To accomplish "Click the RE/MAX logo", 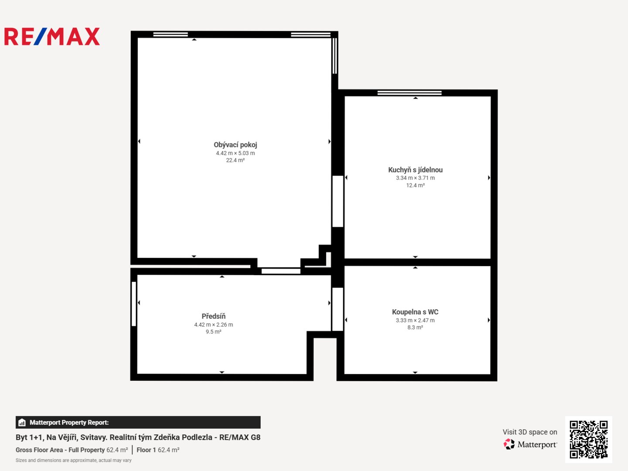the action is (52, 36).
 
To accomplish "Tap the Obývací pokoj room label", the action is (235, 145).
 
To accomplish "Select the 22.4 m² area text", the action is (235, 160).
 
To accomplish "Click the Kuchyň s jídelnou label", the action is (415, 170).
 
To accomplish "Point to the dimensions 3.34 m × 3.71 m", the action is (415, 178).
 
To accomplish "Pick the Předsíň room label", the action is (213, 316).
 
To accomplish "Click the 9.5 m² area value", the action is (213, 332).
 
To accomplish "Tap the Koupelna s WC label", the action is (415, 312).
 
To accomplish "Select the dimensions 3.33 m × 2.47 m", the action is (415, 320).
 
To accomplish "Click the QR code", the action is (588, 439).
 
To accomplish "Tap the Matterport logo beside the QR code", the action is (530, 444).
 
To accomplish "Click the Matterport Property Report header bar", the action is (138, 423).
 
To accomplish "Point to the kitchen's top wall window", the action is (410, 92).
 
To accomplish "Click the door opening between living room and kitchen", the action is (338, 201).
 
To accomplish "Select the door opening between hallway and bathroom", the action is (338, 309).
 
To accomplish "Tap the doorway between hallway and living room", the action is (281, 271).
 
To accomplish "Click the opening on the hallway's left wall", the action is (133, 304).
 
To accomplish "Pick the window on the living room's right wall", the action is (334, 56).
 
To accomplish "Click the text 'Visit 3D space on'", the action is (530, 432).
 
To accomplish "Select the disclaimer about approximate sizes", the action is (74, 461).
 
